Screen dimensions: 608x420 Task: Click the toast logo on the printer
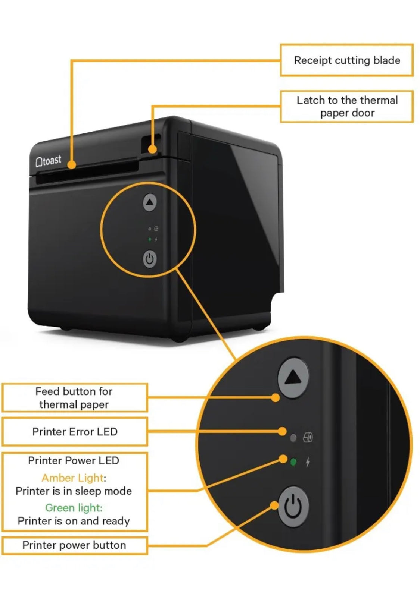tap(48, 161)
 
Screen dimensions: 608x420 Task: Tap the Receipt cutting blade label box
tap(346, 60)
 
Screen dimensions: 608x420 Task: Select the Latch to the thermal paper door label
tap(346, 106)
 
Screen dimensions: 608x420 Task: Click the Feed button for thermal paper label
tap(74, 398)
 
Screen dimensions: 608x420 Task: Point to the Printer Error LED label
tap(75, 432)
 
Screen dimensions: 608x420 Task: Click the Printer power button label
tap(74, 545)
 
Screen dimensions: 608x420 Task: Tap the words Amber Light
tap(73, 478)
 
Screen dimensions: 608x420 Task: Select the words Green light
tap(74, 508)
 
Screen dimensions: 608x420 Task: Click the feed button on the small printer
tap(150, 202)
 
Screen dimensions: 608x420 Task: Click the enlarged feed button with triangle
tap(293, 378)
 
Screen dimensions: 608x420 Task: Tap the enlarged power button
tap(293, 506)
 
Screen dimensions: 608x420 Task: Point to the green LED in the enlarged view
tap(293, 462)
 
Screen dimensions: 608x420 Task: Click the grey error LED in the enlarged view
tap(293, 438)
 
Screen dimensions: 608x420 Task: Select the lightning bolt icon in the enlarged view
tap(308, 462)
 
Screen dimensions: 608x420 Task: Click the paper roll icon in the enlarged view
tap(308, 437)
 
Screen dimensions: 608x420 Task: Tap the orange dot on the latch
tap(152, 149)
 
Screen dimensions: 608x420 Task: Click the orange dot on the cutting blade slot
tap(72, 164)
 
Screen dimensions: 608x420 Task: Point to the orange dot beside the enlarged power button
tap(275, 505)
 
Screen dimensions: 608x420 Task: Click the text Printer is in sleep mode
tap(74, 491)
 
